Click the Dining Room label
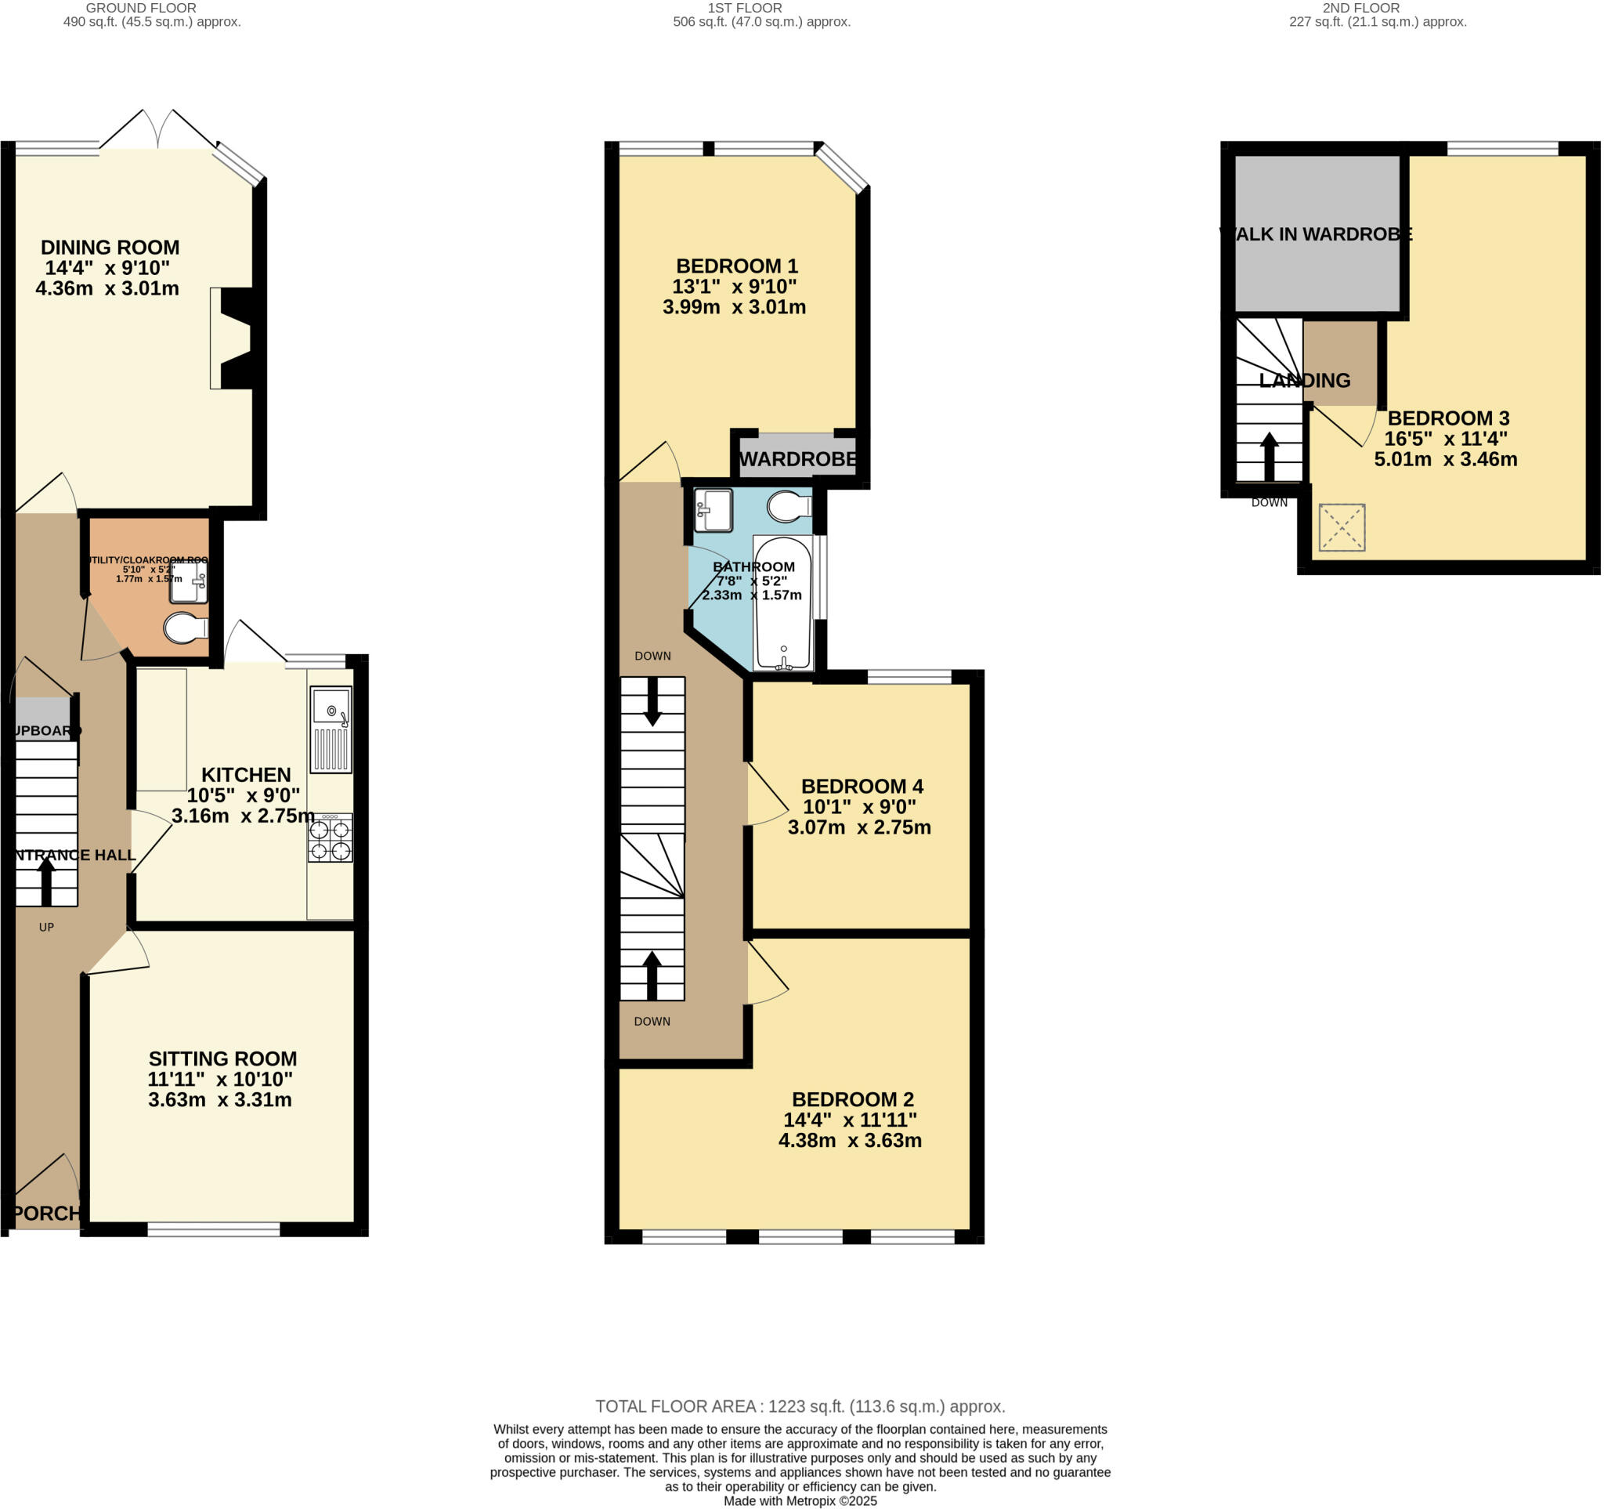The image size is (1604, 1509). [110, 248]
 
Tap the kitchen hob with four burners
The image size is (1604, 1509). [330, 839]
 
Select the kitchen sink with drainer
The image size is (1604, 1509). [331, 729]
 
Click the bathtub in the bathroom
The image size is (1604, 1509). [782, 603]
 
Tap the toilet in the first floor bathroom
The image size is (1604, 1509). [788, 507]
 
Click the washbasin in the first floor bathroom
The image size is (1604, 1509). [713, 510]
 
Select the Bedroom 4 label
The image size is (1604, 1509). [862, 786]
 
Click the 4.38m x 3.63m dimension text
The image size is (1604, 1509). [850, 1140]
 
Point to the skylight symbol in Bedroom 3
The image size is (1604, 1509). [1342, 528]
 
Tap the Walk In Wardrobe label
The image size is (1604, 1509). [1316, 234]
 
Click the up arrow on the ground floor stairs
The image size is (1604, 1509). [46, 881]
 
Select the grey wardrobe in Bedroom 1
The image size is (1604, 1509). [797, 457]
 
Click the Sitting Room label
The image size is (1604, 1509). [222, 1058]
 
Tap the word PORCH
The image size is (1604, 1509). [46, 1213]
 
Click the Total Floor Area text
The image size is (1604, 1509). [800, 1406]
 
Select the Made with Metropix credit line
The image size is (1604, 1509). [800, 1501]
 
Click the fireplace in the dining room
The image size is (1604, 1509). [235, 339]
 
